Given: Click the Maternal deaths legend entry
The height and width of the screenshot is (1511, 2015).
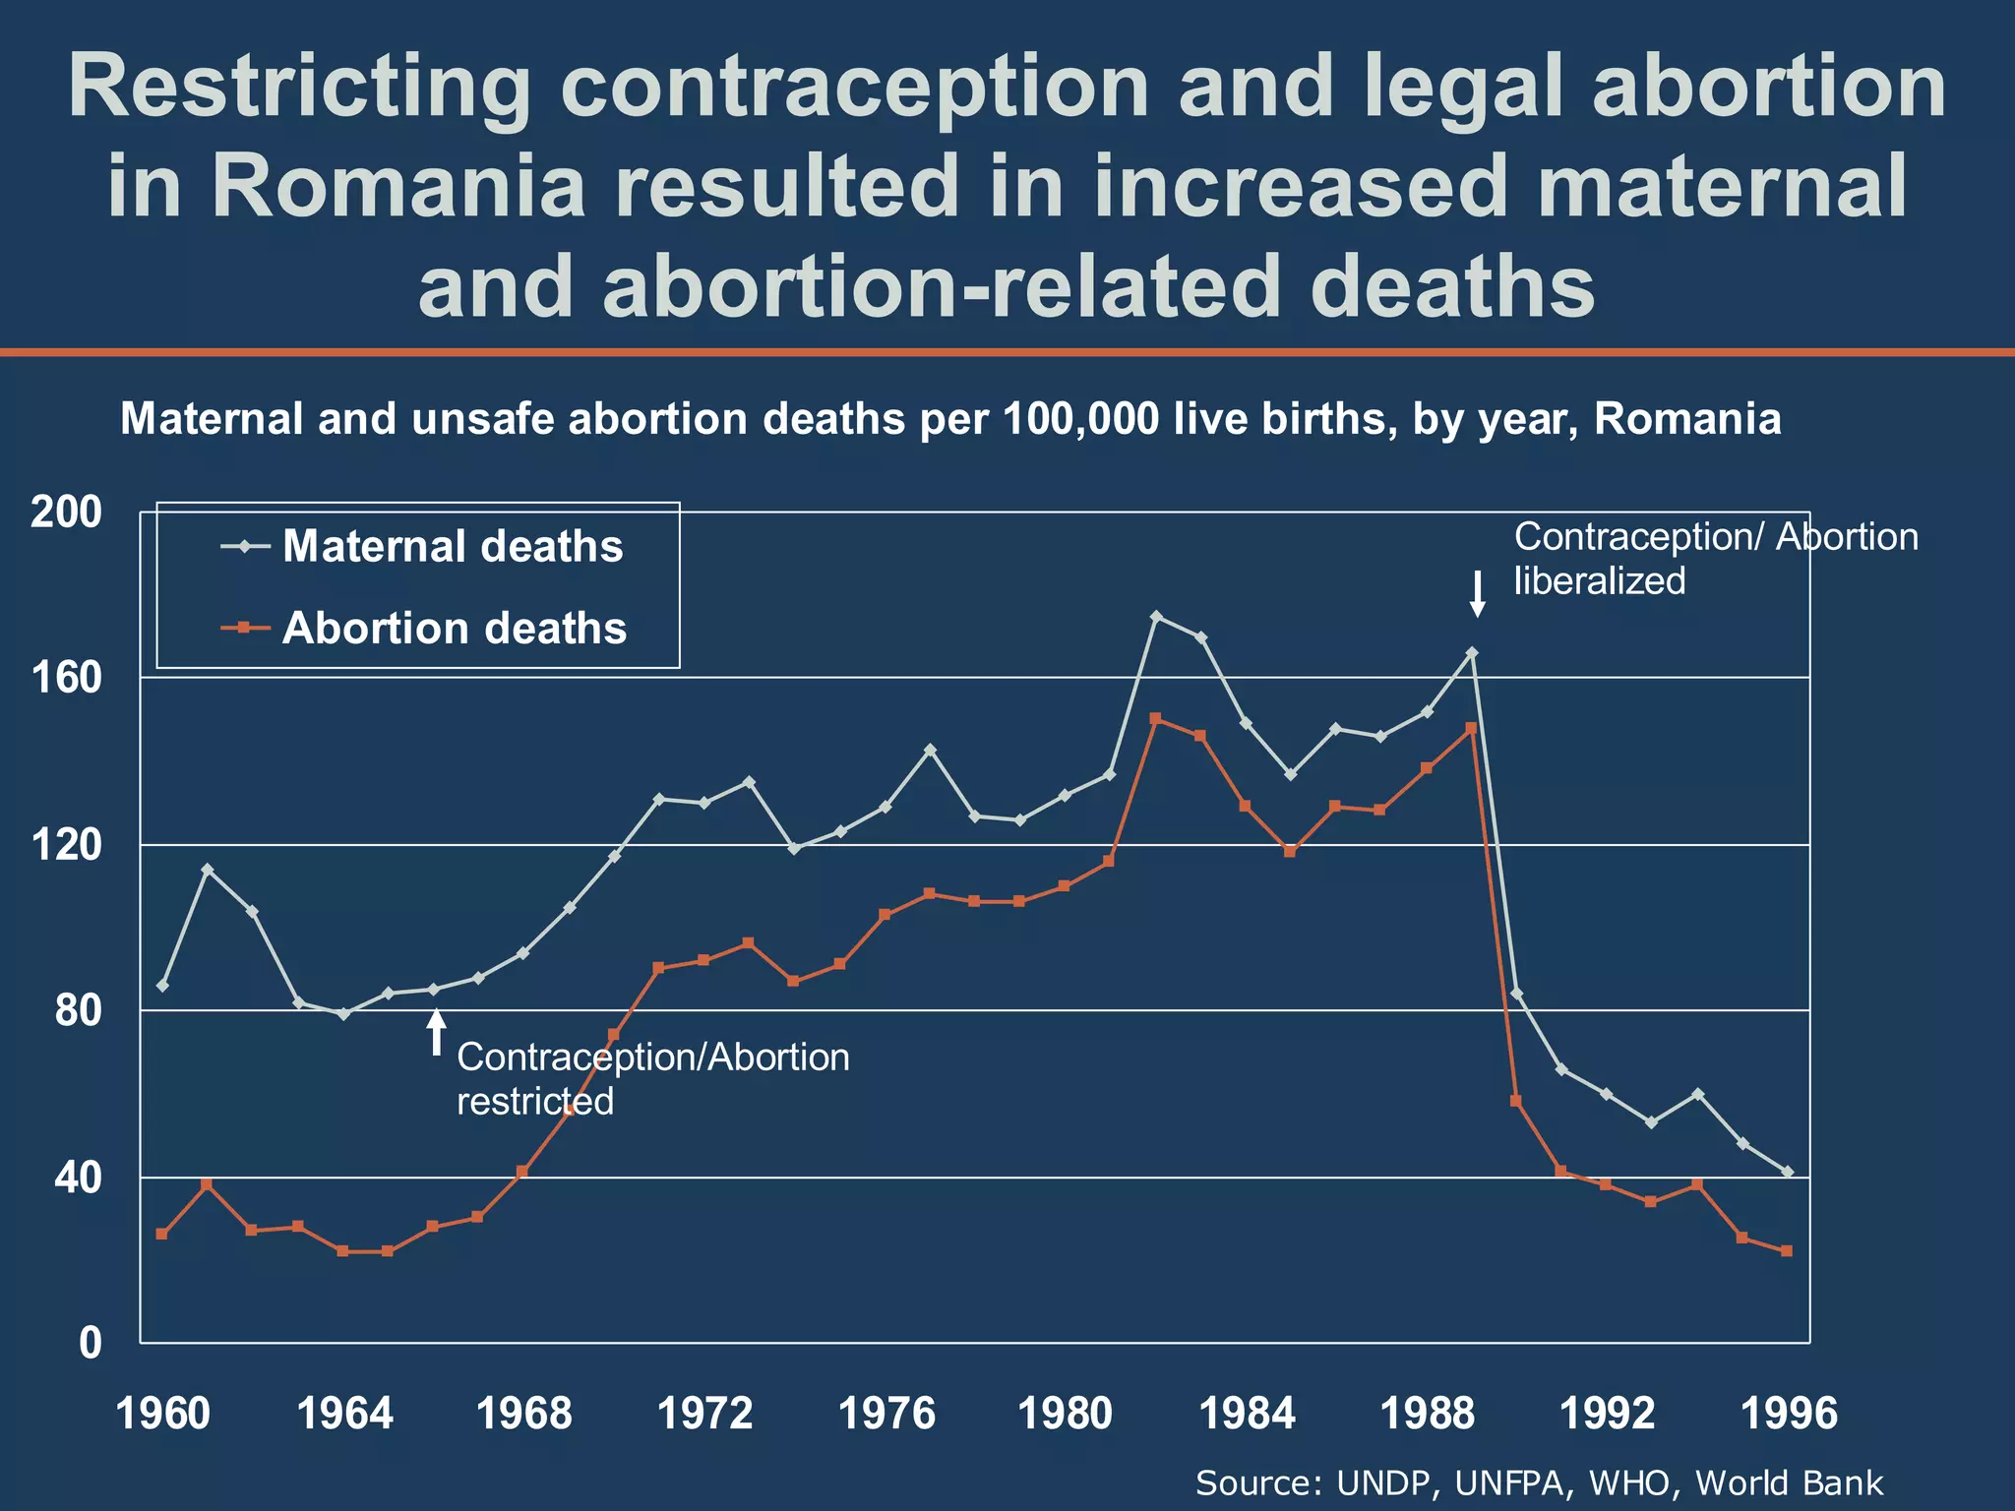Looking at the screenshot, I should tap(452, 547).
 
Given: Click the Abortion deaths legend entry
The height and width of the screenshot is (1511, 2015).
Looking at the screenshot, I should tap(454, 629).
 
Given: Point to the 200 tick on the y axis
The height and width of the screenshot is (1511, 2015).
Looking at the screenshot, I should tap(66, 513).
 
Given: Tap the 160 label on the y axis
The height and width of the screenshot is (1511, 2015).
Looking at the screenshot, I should tap(66, 678).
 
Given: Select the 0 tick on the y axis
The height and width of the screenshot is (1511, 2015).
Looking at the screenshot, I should tap(90, 1343).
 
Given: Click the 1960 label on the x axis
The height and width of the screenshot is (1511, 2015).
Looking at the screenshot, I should tap(162, 1415).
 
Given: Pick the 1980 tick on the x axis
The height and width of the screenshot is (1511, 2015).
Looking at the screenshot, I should tap(1065, 1415).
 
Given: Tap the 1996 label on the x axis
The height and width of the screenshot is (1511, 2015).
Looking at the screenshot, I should tap(1789, 1415).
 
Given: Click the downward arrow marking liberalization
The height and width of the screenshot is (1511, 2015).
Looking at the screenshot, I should tap(1477, 594).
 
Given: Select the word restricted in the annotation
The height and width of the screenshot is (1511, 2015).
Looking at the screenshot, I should tap(534, 1102).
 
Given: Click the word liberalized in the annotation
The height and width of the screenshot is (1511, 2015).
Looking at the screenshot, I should tap(1599, 581).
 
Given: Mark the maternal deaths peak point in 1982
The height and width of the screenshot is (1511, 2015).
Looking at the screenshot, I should tap(1156, 617).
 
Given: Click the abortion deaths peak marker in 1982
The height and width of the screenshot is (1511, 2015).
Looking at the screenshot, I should tap(1155, 718).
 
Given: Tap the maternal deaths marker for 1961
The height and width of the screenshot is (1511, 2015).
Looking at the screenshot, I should tap(207, 870).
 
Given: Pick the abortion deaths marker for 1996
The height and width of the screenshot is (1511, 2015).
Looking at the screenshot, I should tap(1787, 1251).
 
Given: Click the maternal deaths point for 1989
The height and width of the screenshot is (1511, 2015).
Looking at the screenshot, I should tap(1472, 652).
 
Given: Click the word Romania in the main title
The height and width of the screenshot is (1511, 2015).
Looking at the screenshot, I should tap(398, 186).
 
